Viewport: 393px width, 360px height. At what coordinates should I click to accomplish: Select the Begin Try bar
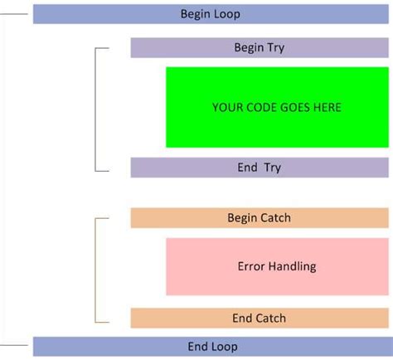pyautogui.click(x=259, y=47)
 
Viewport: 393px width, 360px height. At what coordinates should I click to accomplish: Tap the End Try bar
pyautogui.click(x=259, y=168)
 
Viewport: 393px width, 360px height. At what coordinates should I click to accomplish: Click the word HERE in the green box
pyautogui.click(x=326, y=107)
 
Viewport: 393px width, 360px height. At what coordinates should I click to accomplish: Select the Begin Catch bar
pyautogui.click(x=259, y=218)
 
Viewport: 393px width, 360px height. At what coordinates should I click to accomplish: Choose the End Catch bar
pyautogui.click(x=259, y=319)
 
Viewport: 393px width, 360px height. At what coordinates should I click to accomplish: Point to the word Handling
pyautogui.click(x=293, y=266)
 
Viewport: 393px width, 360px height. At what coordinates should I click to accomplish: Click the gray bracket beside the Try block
pyautogui.click(x=97, y=108)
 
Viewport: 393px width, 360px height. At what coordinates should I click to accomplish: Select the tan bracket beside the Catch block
pyautogui.click(x=97, y=269)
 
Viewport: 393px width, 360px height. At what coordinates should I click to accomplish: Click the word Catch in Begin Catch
pyautogui.click(x=276, y=218)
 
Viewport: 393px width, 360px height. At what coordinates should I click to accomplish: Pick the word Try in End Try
pyautogui.click(x=273, y=168)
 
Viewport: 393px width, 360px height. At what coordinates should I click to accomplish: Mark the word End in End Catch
pyautogui.click(x=242, y=319)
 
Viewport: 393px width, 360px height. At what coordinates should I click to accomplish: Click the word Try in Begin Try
pyautogui.click(x=275, y=47)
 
